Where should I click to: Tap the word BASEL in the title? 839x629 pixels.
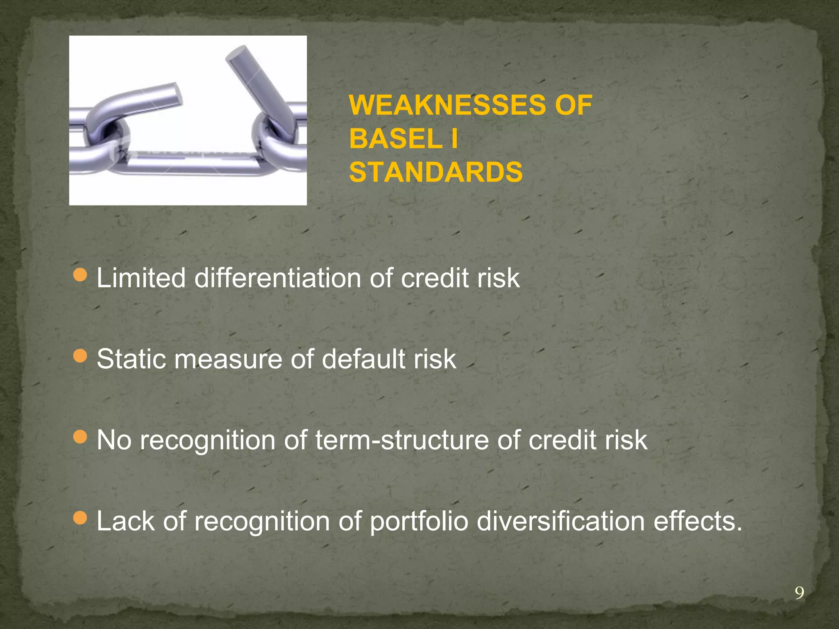click(x=396, y=138)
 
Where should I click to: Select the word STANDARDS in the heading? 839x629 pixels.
click(x=436, y=172)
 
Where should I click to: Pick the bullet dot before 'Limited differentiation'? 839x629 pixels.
click(x=80, y=276)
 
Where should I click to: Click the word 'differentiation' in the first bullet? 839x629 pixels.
click(x=278, y=278)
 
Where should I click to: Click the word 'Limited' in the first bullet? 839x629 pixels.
click(x=141, y=278)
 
